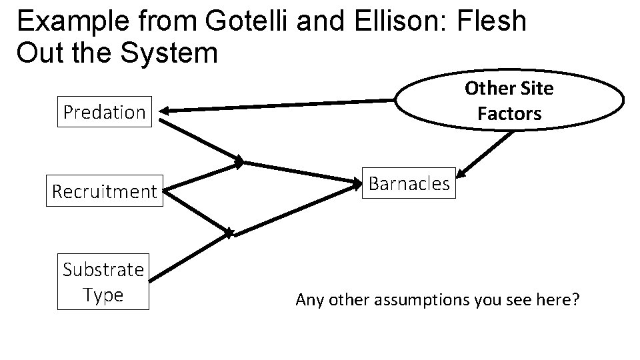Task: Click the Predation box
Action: tap(104, 112)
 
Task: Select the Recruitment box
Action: tap(104, 192)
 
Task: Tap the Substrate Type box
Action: tap(103, 282)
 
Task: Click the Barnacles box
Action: tap(409, 183)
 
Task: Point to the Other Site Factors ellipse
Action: tap(509, 101)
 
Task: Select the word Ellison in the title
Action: tap(396, 22)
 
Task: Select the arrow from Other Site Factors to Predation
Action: tap(280, 105)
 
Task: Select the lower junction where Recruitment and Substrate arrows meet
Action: tap(229, 233)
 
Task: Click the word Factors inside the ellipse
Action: tap(509, 113)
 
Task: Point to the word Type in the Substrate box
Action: tap(103, 295)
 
